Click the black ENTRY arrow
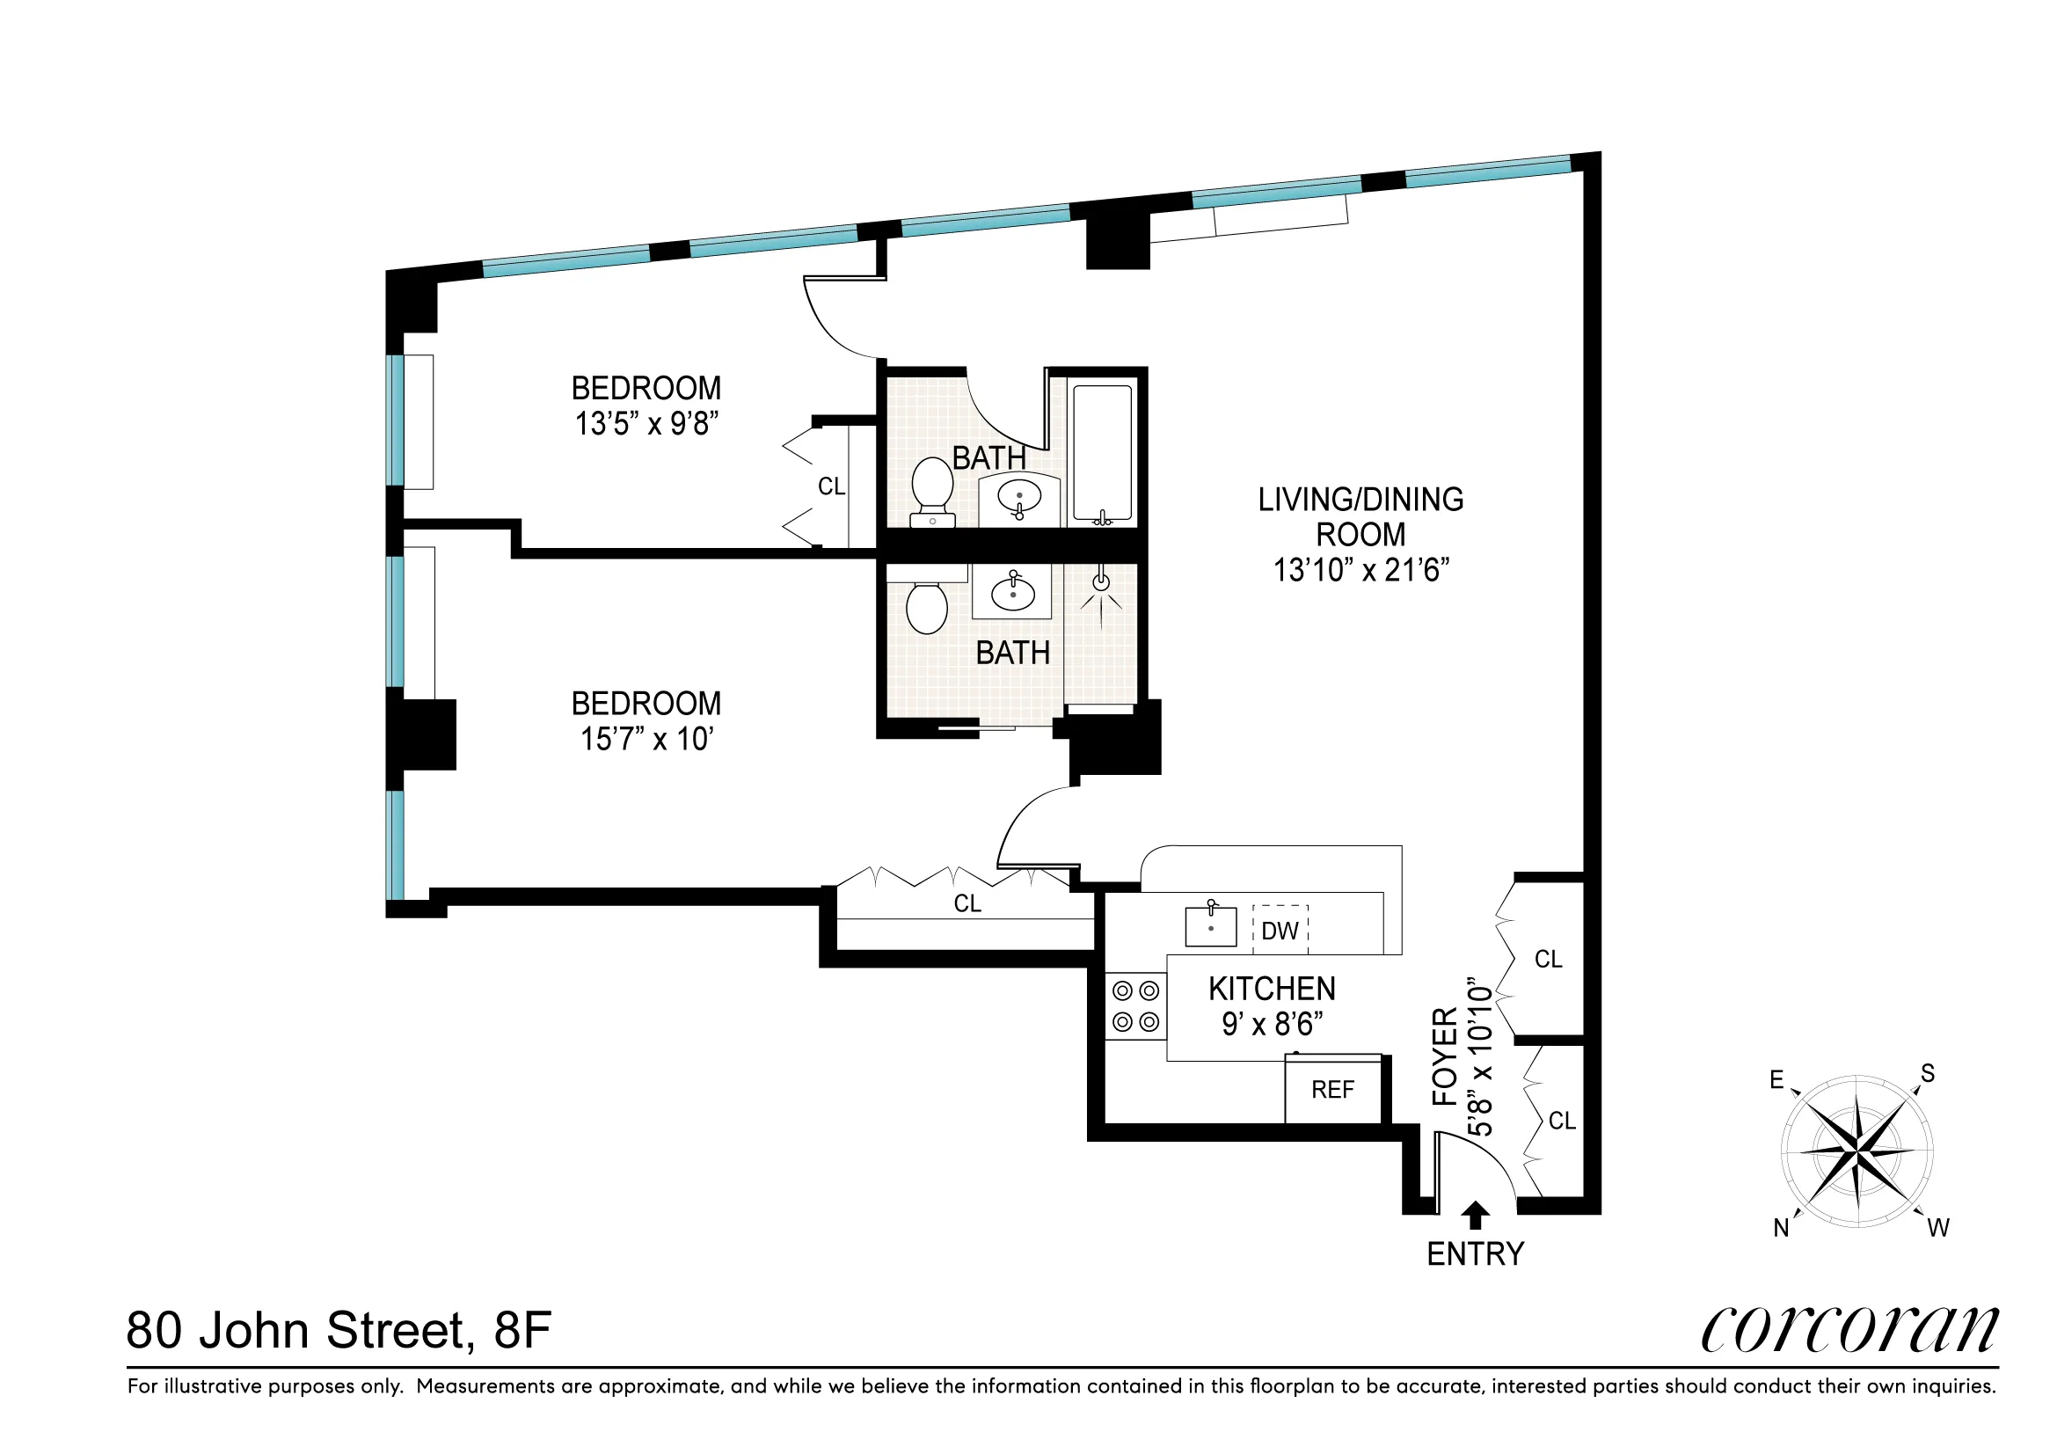(x=1475, y=1216)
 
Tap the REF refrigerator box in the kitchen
(x=1332, y=1089)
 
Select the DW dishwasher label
(x=1280, y=931)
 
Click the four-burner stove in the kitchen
(x=1135, y=1006)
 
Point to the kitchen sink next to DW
(x=1210, y=926)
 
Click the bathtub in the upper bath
(x=1103, y=452)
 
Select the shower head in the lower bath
(x=1101, y=583)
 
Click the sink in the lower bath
(x=1013, y=592)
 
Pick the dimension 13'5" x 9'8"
(x=646, y=424)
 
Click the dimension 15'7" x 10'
(x=646, y=739)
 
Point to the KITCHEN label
(x=1272, y=989)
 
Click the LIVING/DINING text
(x=1360, y=500)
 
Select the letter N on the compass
(x=1781, y=1228)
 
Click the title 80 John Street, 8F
(x=339, y=1330)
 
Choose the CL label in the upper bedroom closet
(x=831, y=486)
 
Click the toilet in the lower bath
(x=926, y=608)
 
